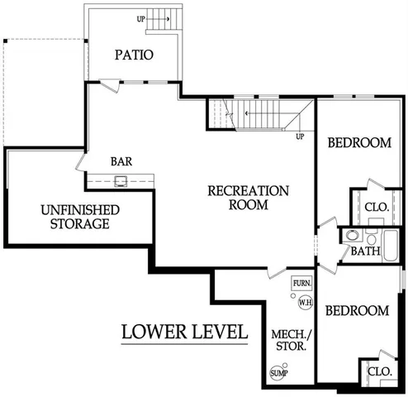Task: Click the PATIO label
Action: click(133, 55)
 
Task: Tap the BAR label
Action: click(123, 161)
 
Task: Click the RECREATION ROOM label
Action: click(248, 197)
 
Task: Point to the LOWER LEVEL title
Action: click(184, 332)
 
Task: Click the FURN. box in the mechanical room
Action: click(302, 284)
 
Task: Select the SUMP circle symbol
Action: click(278, 373)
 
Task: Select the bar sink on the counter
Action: click(121, 179)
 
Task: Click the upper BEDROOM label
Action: click(358, 142)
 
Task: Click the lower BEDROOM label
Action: click(356, 311)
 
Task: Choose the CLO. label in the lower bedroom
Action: click(379, 372)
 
